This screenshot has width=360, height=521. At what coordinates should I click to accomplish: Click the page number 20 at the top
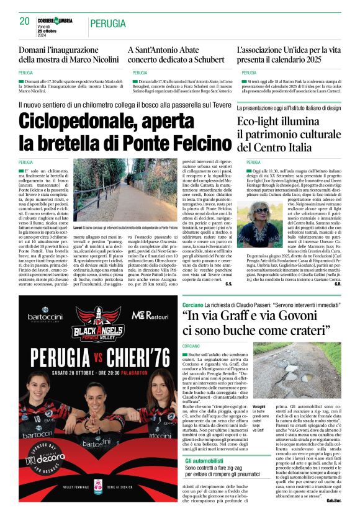pyautogui.click(x=25, y=21)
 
